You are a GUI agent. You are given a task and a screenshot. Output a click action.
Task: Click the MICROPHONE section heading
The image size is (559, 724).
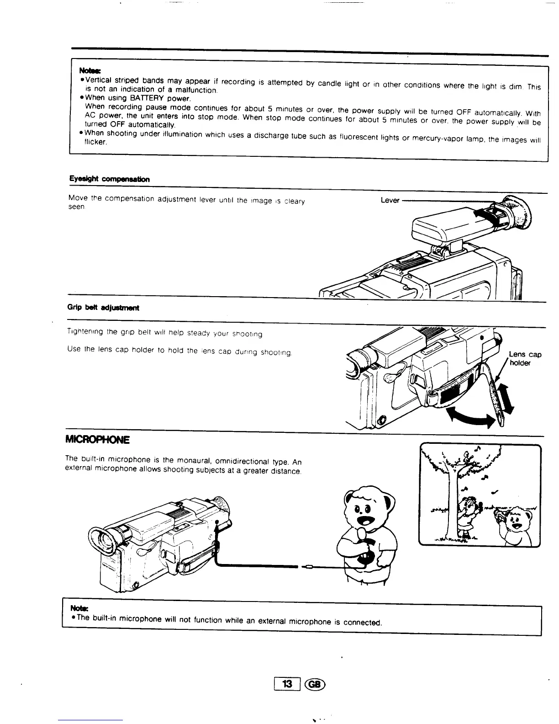(x=98, y=440)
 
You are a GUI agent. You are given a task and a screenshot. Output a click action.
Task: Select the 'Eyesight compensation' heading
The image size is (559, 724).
(x=109, y=179)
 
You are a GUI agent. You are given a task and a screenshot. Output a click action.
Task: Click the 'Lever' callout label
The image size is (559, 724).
(x=390, y=200)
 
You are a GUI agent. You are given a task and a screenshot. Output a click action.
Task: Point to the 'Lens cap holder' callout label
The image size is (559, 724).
(x=525, y=359)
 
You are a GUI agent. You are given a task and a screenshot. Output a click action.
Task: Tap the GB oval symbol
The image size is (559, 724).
(x=315, y=684)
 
